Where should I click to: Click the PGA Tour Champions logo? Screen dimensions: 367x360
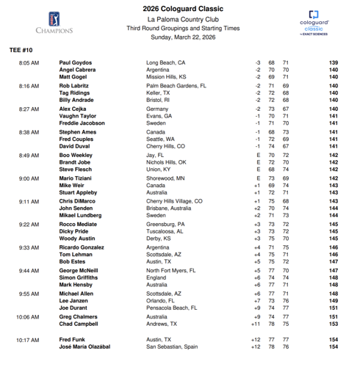[x=54, y=22]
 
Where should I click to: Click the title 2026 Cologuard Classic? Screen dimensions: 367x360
[x=180, y=7]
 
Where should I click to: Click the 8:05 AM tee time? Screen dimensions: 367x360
[x=29, y=64]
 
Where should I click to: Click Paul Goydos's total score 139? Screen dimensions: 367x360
[x=333, y=64]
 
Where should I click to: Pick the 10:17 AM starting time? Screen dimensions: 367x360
[x=29, y=339]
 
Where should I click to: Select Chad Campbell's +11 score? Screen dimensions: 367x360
[x=256, y=324]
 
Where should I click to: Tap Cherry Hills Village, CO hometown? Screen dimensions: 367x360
[x=174, y=201]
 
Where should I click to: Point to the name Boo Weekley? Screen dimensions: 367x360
[x=76, y=156]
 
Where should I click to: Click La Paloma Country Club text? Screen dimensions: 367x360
[x=180, y=18]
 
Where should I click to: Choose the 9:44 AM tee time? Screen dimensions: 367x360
[x=29, y=270]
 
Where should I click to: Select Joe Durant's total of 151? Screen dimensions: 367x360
[x=333, y=306]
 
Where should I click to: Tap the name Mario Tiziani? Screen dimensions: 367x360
[x=76, y=178]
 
